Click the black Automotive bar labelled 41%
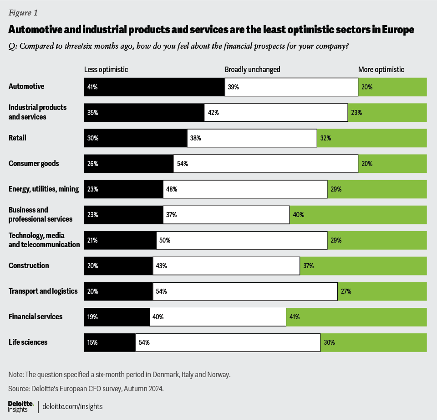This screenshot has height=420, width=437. [x=154, y=87]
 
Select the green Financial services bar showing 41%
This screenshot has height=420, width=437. [x=356, y=316]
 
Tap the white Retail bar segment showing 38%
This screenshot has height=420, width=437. [x=252, y=138]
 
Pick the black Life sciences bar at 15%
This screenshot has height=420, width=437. [x=110, y=342]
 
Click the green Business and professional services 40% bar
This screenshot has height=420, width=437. [x=358, y=214]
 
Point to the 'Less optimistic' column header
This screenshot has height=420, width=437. [x=106, y=70]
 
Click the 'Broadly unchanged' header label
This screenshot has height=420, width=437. [x=252, y=70]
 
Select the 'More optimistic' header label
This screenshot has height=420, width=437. [x=381, y=70]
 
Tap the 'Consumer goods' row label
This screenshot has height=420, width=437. [x=34, y=163]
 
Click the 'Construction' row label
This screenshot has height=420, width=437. [x=29, y=265]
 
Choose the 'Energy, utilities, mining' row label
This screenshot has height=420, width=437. [x=44, y=189]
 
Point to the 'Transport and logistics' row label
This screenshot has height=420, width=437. [x=43, y=291]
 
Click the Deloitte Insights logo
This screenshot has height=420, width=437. [x=21, y=406]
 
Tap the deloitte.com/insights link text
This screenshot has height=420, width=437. [x=73, y=406]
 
